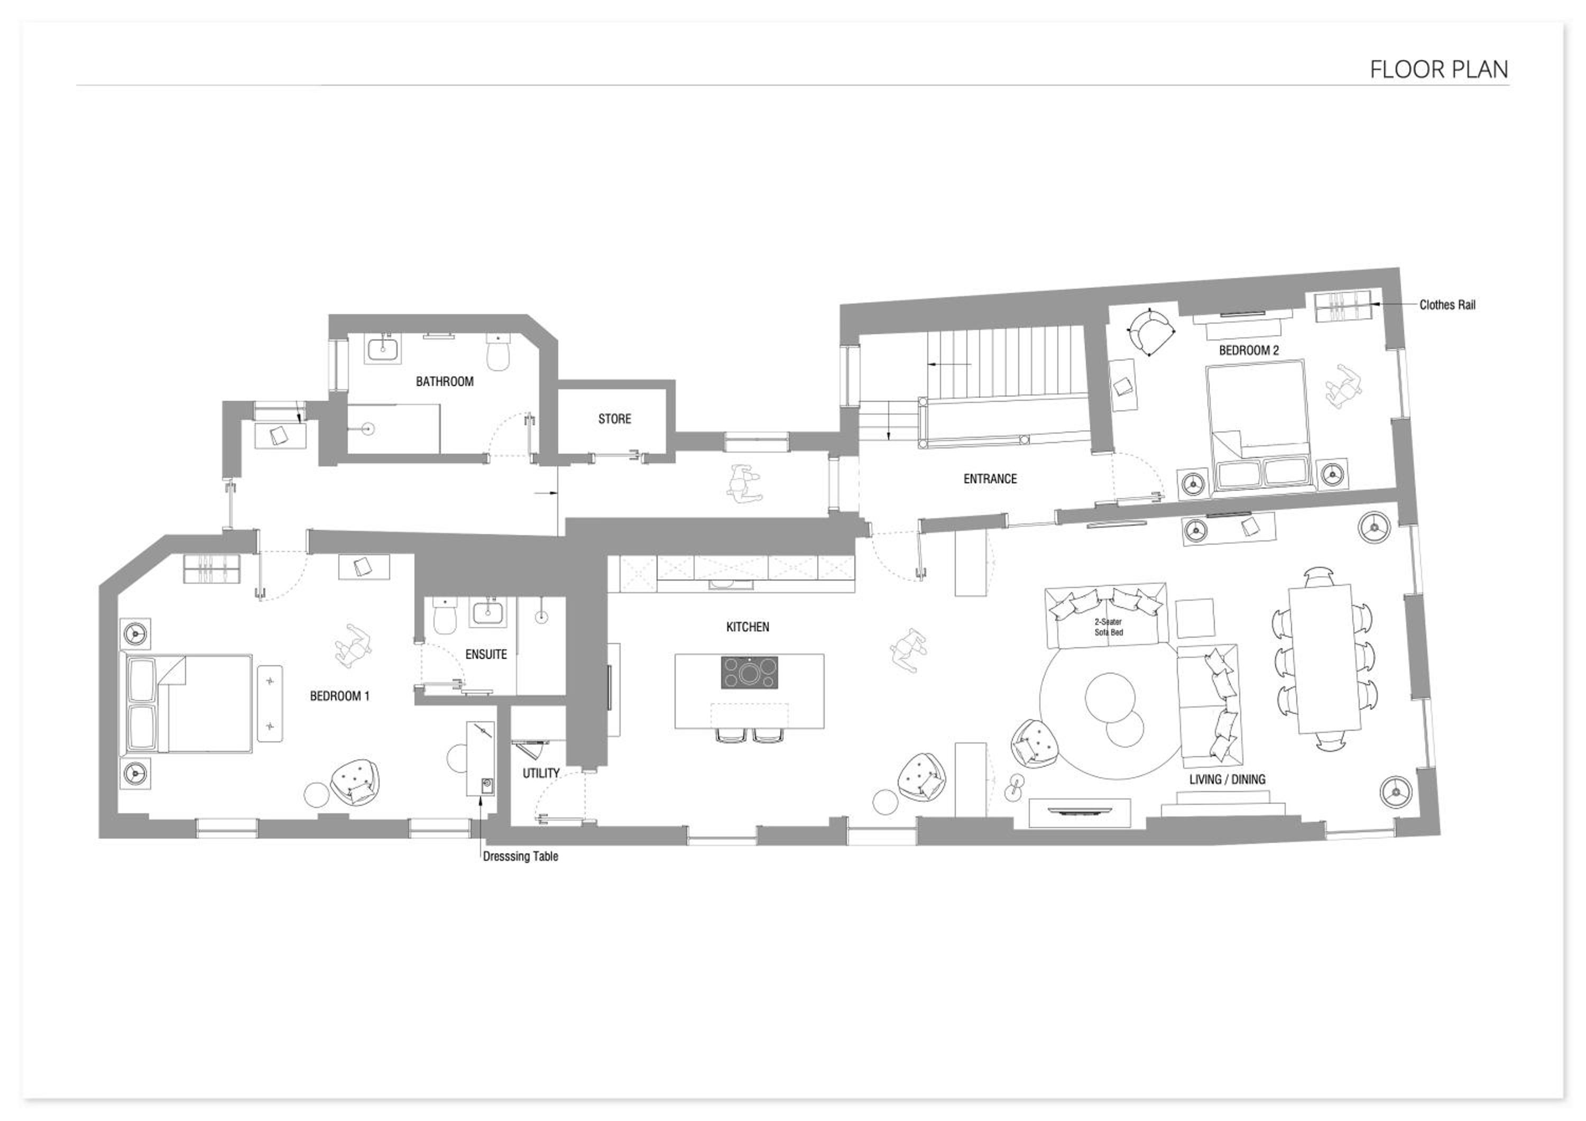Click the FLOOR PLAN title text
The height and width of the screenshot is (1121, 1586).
coord(1439,69)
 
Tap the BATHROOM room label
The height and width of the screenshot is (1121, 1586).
coord(445,381)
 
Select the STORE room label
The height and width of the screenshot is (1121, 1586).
coord(615,419)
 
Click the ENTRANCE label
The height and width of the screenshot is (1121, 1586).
coord(990,479)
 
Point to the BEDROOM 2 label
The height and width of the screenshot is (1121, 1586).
coord(1249,350)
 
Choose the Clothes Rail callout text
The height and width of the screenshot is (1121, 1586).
coord(1448,305)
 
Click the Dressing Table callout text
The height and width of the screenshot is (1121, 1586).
coord(520,857)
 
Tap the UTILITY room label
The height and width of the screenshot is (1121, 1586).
coord(541,774)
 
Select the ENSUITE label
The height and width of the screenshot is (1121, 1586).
coord(486,654)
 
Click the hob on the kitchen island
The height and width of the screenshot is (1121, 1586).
coord(750,672)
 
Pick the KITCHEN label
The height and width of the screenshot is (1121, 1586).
coord(748,627)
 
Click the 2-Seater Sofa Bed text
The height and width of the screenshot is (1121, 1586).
coord(1108,627)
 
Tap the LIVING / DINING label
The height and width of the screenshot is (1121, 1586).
coord(1228,779)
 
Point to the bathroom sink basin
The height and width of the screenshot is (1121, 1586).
coord(383,349)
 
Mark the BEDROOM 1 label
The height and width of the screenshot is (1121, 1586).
coord(340,696)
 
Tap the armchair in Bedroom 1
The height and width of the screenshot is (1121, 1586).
coord(356,781)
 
